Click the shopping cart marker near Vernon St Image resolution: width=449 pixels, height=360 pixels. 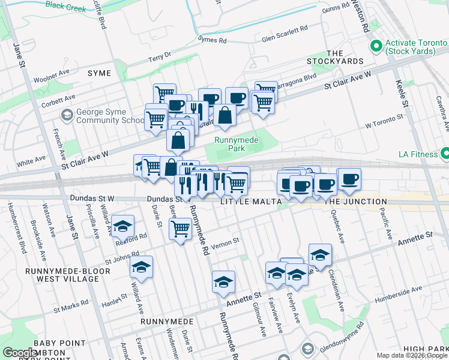tap(180, 228)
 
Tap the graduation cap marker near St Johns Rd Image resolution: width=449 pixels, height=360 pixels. tap(142, 267)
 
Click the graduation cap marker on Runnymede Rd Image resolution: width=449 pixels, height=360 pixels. tap(223, 281)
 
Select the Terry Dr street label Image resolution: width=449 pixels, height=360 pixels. tap(160, 58)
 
